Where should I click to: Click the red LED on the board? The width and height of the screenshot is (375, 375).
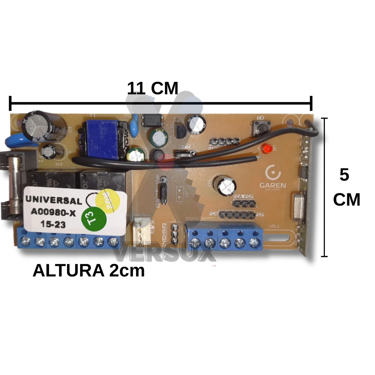click(x=267, y=149)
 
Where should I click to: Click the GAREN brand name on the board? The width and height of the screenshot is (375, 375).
click(x=272, y=185)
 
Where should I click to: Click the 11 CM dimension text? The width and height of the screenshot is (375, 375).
click(x=152, y=89)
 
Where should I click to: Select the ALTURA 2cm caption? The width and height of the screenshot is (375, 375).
click(x=89, y=271)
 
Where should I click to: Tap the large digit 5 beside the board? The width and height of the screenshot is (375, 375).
click(x=344, y=175)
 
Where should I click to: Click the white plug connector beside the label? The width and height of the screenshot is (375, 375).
click(x=143, y=231)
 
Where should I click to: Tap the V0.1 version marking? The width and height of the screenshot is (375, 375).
click(x=275, y=226)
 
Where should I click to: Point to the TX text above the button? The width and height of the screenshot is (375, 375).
click(x=260, y=118)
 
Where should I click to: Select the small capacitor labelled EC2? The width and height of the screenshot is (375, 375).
click(x=49, y=151)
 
